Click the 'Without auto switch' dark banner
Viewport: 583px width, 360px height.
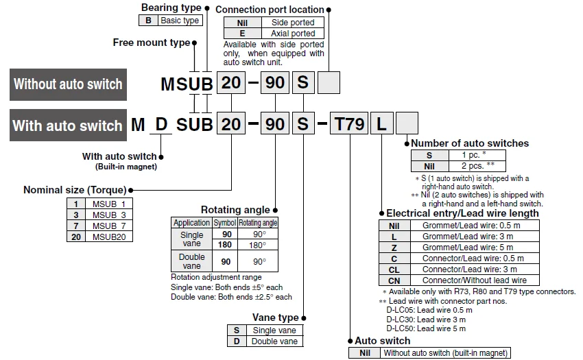tap(68, 84)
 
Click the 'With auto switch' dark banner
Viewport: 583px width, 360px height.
tap(68, 125)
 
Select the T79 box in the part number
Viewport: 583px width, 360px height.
tap(349, 123)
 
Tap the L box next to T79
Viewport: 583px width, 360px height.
tap(381, 123)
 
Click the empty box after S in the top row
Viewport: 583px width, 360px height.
tap(329, 82)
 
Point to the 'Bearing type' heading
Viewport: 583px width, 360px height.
tap(171, 8)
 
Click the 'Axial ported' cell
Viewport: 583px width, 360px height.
tap(293, 34)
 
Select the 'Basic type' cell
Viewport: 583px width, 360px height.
tap(180, 21)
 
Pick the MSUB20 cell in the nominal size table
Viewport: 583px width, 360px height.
tap(109, 237)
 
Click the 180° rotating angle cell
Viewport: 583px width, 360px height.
tap(258, 245)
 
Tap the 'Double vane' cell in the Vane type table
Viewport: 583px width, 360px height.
tap(274, 341)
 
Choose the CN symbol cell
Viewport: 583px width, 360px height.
tap(394, 280)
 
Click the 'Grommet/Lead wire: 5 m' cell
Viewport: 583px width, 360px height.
tap(468, 248)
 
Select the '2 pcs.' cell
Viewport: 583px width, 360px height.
tap(477, 166)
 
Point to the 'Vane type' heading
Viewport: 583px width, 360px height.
tap(276, 317)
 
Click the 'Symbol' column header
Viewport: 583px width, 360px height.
tap(224, 223)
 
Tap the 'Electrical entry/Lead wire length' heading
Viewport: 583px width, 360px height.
tap(462, 213)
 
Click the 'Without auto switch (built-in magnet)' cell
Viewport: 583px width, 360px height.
tap(445, 353)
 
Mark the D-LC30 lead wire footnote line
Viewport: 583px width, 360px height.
tap(426, 320)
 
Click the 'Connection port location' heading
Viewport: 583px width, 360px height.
tap(270, 10)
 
